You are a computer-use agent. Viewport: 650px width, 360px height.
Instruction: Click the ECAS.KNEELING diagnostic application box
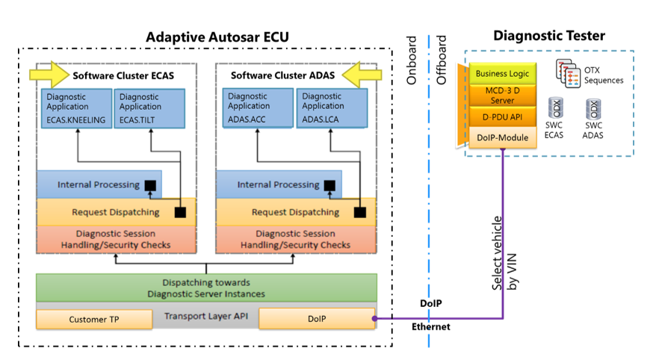(x=75, y=109)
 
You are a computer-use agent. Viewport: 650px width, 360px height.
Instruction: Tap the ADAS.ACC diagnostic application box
(x=256, y=109)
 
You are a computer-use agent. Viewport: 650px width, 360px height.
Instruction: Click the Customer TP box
(x=84, y=320)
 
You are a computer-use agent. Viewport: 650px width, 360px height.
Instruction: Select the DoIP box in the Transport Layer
(x=316, y=320)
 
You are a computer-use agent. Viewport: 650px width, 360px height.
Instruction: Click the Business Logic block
(x=501, y=74)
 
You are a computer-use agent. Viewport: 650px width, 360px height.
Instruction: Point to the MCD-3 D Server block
(x=501, y=95)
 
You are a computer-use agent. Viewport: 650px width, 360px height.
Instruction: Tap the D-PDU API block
(x=501, y=116)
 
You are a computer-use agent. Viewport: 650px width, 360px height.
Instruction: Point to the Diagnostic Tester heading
(x=549, y=35)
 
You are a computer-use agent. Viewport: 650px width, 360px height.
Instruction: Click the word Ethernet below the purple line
(x=431, y=327)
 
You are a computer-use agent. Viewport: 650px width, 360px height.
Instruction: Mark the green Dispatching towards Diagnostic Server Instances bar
(x=205, y=288)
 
